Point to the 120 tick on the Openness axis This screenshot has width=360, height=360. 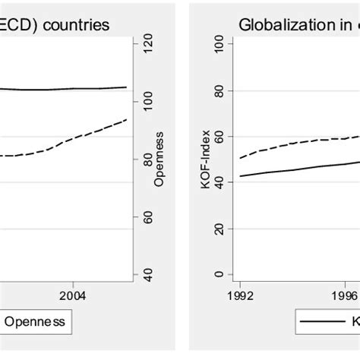[x=147, y=43]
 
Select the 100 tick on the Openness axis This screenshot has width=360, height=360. [x=147, y=102]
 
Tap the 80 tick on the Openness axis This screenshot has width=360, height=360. [x=147, y=159]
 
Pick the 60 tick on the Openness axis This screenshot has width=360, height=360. [x=147, y=217]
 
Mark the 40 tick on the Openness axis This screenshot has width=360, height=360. [x=147, y=274]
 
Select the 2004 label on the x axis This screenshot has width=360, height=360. [x=72, y=293]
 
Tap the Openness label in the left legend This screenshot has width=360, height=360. [x=36, y=322]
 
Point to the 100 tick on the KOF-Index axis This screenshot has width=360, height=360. [x=219, y=44]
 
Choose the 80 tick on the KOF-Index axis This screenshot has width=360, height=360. [x=219, y=90]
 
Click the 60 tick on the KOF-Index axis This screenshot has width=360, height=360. [x=219, y=137]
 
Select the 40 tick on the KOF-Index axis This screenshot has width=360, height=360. [x=219, y=182]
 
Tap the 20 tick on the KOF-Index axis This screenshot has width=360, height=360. [x=219, y=229]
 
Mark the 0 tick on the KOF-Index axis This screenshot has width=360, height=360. [x=219, y=274]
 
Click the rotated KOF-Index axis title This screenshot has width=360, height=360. [x=204, y=159]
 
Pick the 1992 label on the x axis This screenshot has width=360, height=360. [x=239, y=293]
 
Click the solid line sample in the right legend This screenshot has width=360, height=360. [x=323, y=323]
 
